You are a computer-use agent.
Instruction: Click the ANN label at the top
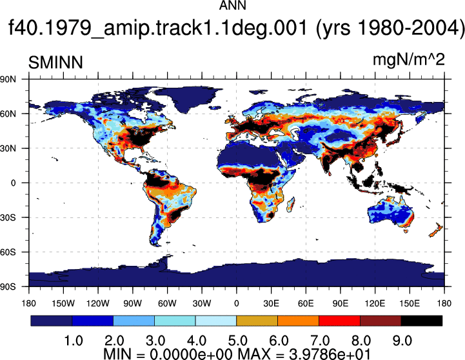232,5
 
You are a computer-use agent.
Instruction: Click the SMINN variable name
55,63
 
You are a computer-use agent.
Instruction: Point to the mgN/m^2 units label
409,60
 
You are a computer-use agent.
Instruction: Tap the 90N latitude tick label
8,79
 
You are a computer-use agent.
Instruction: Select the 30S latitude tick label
8,217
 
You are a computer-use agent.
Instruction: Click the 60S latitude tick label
8,252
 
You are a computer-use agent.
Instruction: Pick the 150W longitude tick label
63,303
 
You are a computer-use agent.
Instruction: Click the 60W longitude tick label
167,303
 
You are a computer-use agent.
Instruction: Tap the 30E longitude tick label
271,303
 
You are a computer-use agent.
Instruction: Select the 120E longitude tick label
375,303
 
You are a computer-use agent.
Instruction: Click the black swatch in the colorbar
421,321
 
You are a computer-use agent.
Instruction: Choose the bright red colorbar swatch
339,321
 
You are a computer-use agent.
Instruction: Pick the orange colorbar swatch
299,321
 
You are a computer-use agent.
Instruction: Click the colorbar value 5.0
238,341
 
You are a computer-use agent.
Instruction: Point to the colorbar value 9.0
402,341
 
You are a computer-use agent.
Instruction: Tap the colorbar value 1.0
74,341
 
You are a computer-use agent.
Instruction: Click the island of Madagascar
291,205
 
